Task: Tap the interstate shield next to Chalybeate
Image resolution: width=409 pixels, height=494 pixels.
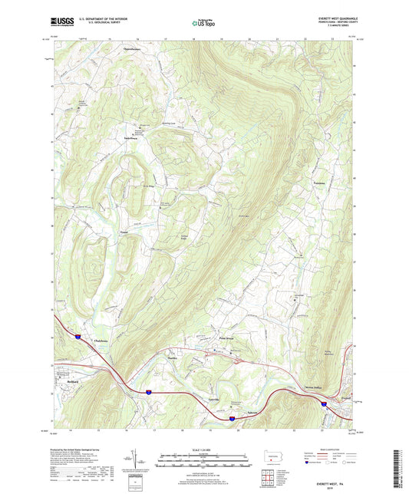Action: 78,335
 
